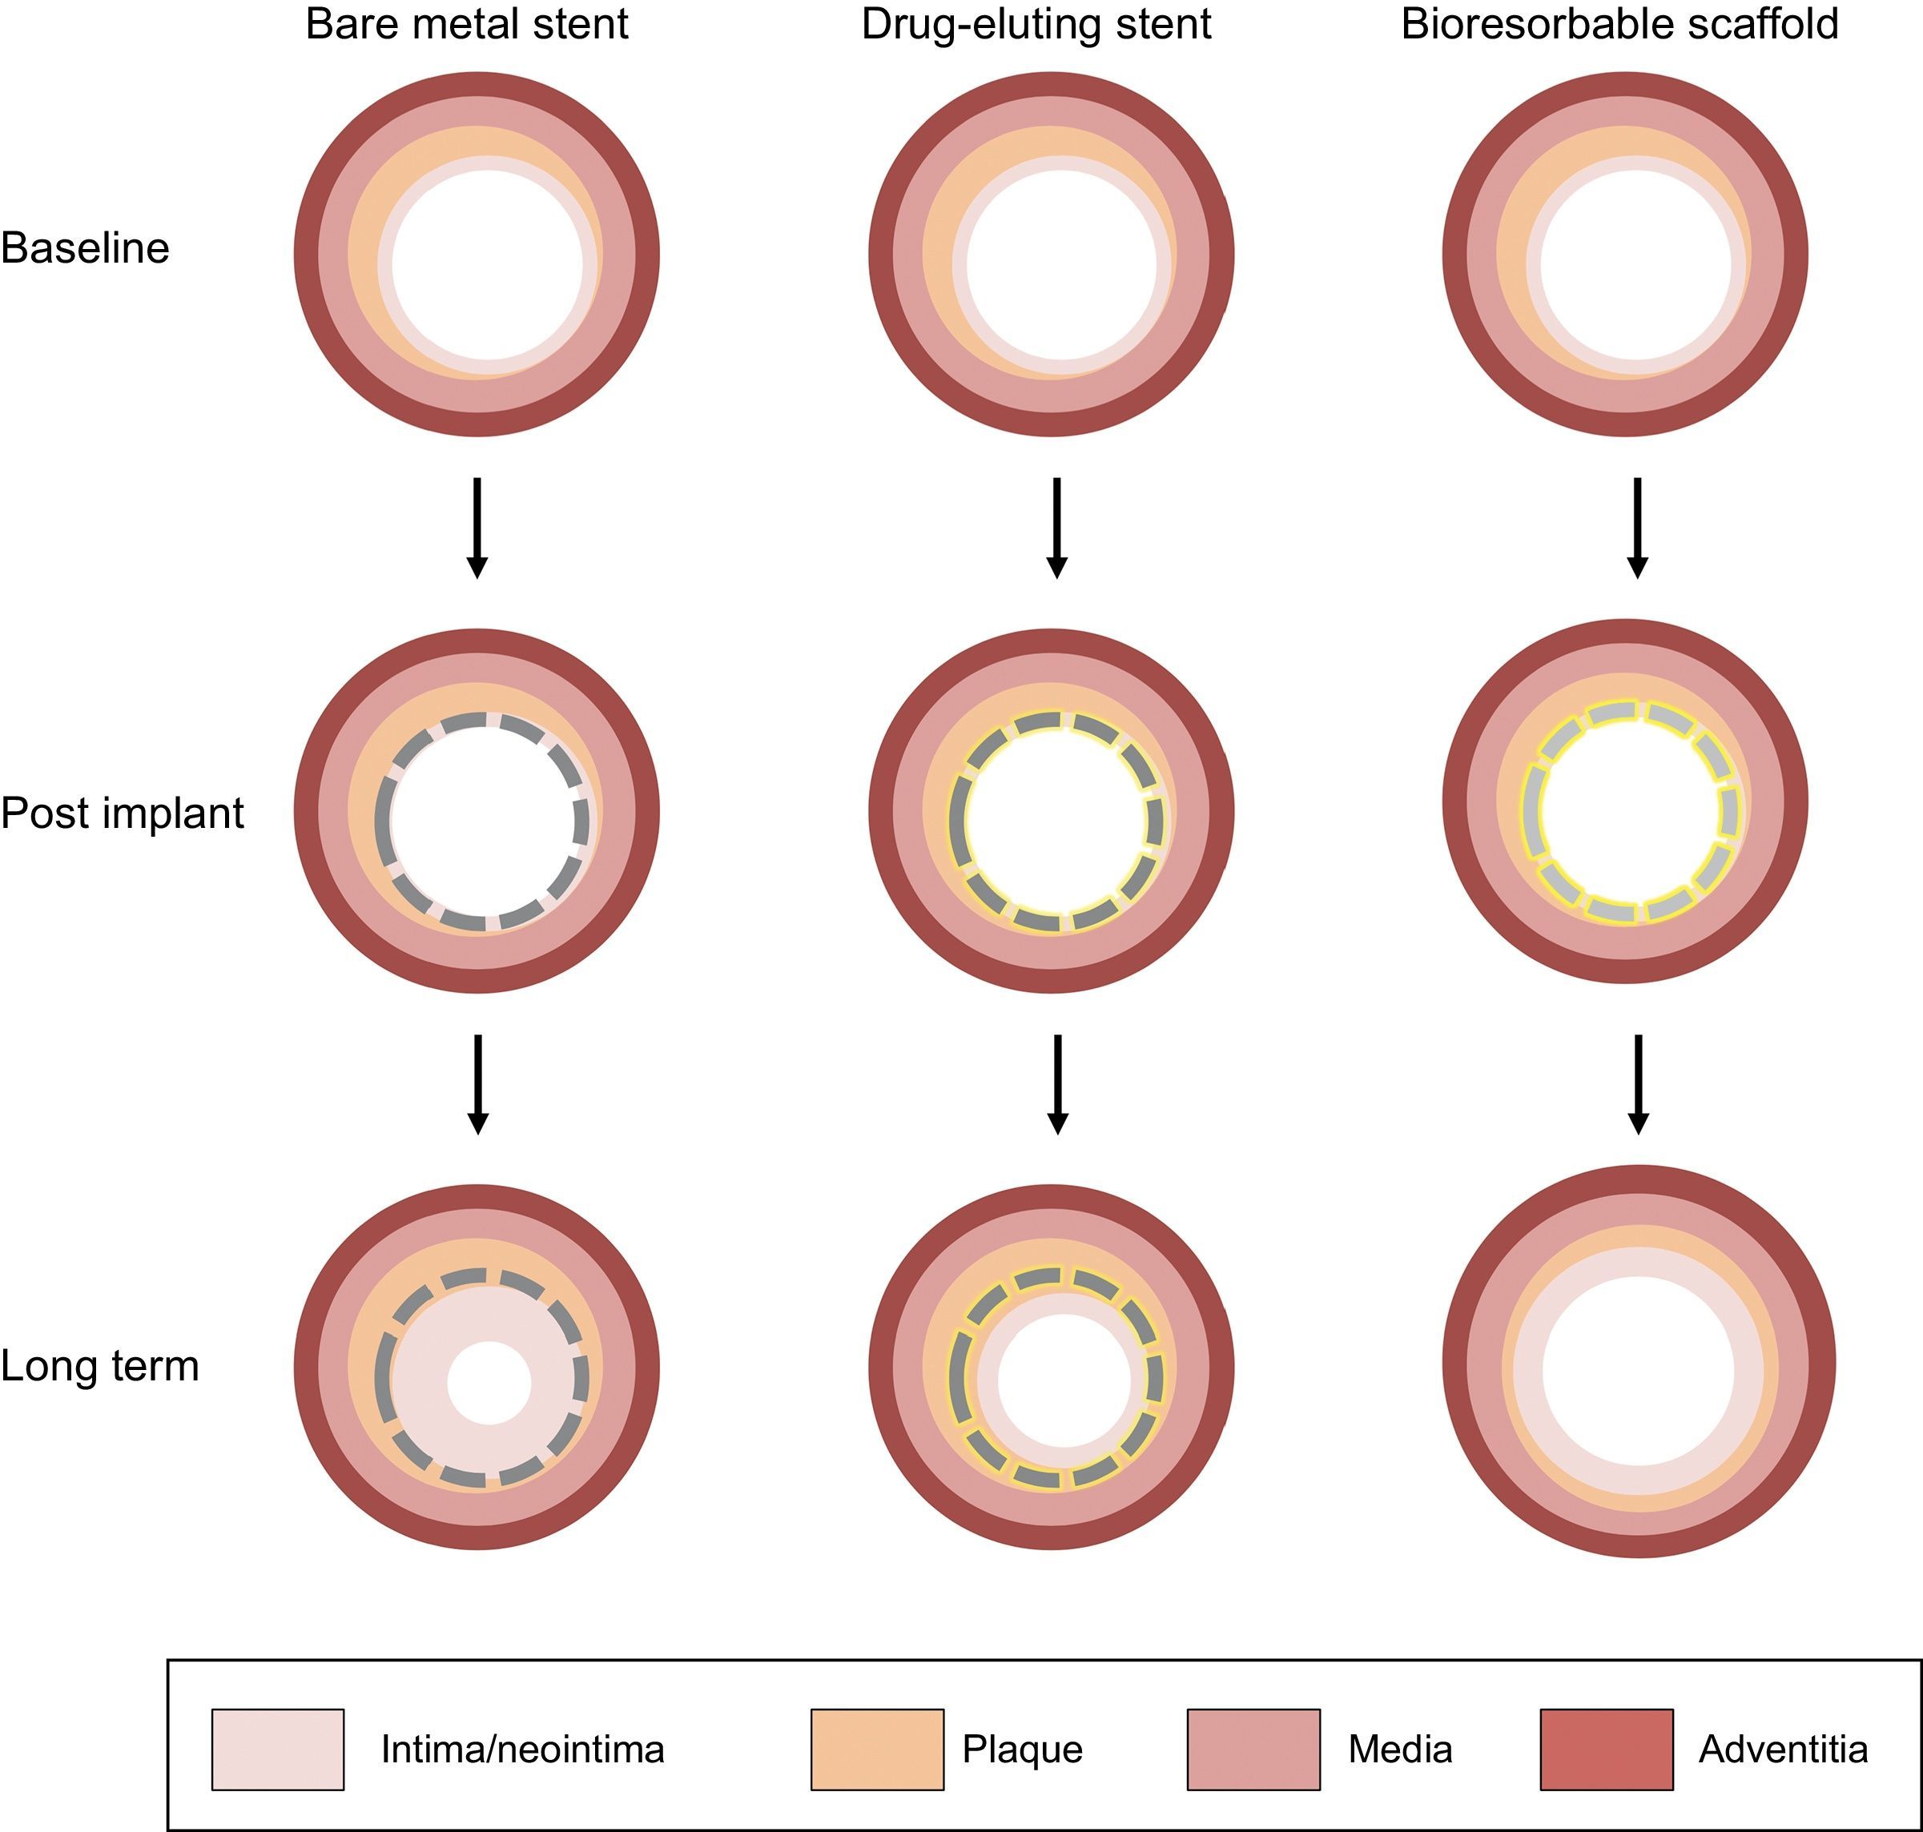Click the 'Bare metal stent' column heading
pyautogui.click(x=467, y=24)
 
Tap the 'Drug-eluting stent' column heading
pyautogui.click(x=1036, y=24)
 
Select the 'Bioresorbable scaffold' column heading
pyautogui.click(x=1619, y=24)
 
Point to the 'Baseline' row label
pyautogui.click(x=85, y=248)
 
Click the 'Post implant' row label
pyautogui.click(x=122, y=813)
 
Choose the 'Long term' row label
pyautogui.click(x=99, y=1365)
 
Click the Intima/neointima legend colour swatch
pyautogui.click(x=277, y=1749)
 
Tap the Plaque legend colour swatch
pyautogui.click(x=877, y=1749)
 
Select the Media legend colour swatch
pyautogui.click(x=1253, y=1749)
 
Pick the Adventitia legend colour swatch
pyautogui.click(x=1607, y=1749)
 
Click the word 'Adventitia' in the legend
pyautogui.click(x=1782, y=1749)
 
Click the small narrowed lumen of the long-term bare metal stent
pyautogui.click(x=489, y=1382)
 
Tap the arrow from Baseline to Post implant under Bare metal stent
pyautogui.click(x=477, y=528)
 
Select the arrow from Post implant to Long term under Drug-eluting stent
pyautogui.click(x=1056, y=1084)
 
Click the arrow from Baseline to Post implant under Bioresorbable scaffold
pyautogui.click(x=1638, y=528)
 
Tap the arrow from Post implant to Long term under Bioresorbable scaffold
pyautogui.click(x=1638, y=1084)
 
